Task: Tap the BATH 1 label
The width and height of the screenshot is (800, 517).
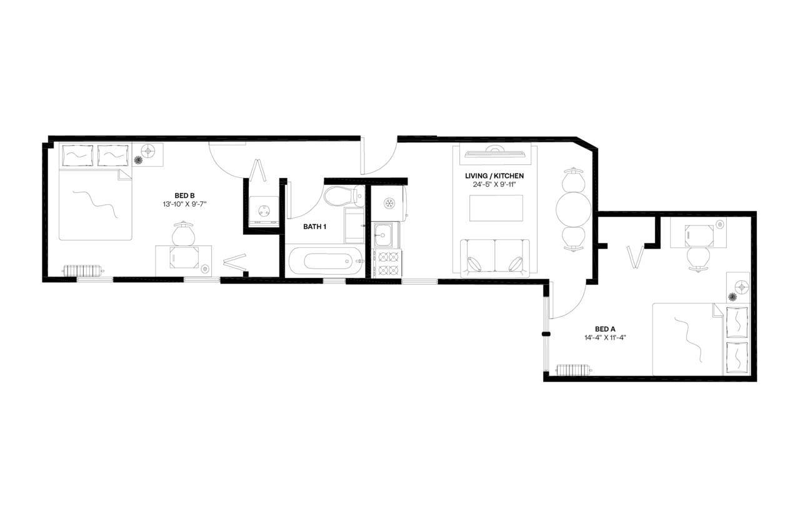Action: pos(315,227)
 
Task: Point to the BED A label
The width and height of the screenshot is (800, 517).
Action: pos(605,329)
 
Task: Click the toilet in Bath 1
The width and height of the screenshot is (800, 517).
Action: pos(344,195)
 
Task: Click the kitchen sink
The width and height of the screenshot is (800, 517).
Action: pos(383,235)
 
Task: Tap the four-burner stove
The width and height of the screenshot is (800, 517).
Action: pos(387,263)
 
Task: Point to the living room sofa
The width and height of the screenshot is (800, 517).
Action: pos(495,258)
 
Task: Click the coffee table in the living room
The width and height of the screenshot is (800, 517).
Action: pos(496,208)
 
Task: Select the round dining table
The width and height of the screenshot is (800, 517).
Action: pos(574,209)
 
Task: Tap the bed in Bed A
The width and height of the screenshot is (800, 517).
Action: pos(700,339)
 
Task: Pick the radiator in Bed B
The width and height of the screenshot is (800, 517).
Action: pos(81,271)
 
